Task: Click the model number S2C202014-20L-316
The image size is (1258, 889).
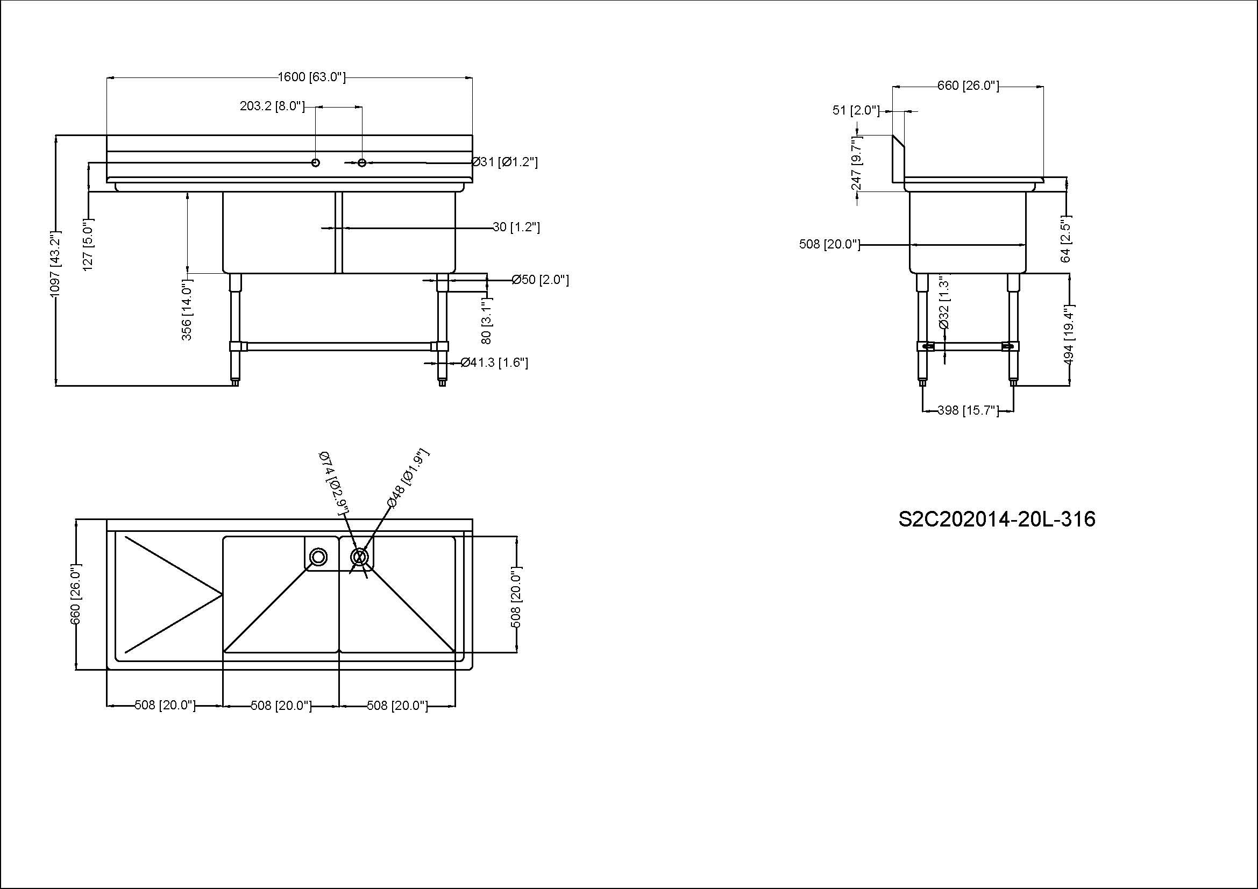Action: coord(997,520)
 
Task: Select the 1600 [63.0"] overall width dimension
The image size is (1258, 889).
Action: coord(312,77)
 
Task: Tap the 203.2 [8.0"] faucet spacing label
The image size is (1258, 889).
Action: coord(272,106)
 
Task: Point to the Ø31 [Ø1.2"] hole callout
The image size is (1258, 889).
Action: coord(504,162)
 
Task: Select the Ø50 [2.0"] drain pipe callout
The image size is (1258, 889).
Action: coord(540,280)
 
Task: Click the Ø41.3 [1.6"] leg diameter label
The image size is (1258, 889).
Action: coord(494,362)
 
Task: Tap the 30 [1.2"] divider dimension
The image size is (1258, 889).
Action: coord(516,227)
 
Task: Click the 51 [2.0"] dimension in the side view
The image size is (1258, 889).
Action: coord(855,110)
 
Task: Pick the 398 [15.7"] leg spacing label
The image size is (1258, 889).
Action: coord(968,410)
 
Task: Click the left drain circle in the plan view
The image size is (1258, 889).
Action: coord(318,557)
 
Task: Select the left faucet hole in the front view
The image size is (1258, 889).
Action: coord(316,162)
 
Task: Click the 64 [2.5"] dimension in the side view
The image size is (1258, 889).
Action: coord(1065,239)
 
